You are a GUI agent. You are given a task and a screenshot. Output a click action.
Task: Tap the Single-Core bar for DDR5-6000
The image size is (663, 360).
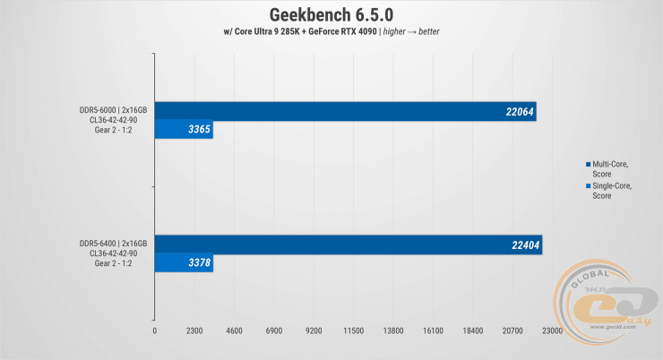point(184,131)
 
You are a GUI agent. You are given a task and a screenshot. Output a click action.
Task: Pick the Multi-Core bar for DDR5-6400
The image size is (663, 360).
point(348,244)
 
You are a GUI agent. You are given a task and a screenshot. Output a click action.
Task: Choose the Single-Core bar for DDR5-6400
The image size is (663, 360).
point(184,262)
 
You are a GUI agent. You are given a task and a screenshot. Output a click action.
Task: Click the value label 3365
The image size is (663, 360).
point(198,131)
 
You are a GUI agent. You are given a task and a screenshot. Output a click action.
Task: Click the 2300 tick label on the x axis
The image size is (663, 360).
point(194,331)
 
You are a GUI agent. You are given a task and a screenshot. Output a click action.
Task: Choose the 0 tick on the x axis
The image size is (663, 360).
point(155,331)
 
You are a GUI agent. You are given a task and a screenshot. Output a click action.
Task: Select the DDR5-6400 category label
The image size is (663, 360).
point(112,253)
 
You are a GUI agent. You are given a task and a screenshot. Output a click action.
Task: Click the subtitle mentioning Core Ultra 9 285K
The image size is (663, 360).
point(331,32)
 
